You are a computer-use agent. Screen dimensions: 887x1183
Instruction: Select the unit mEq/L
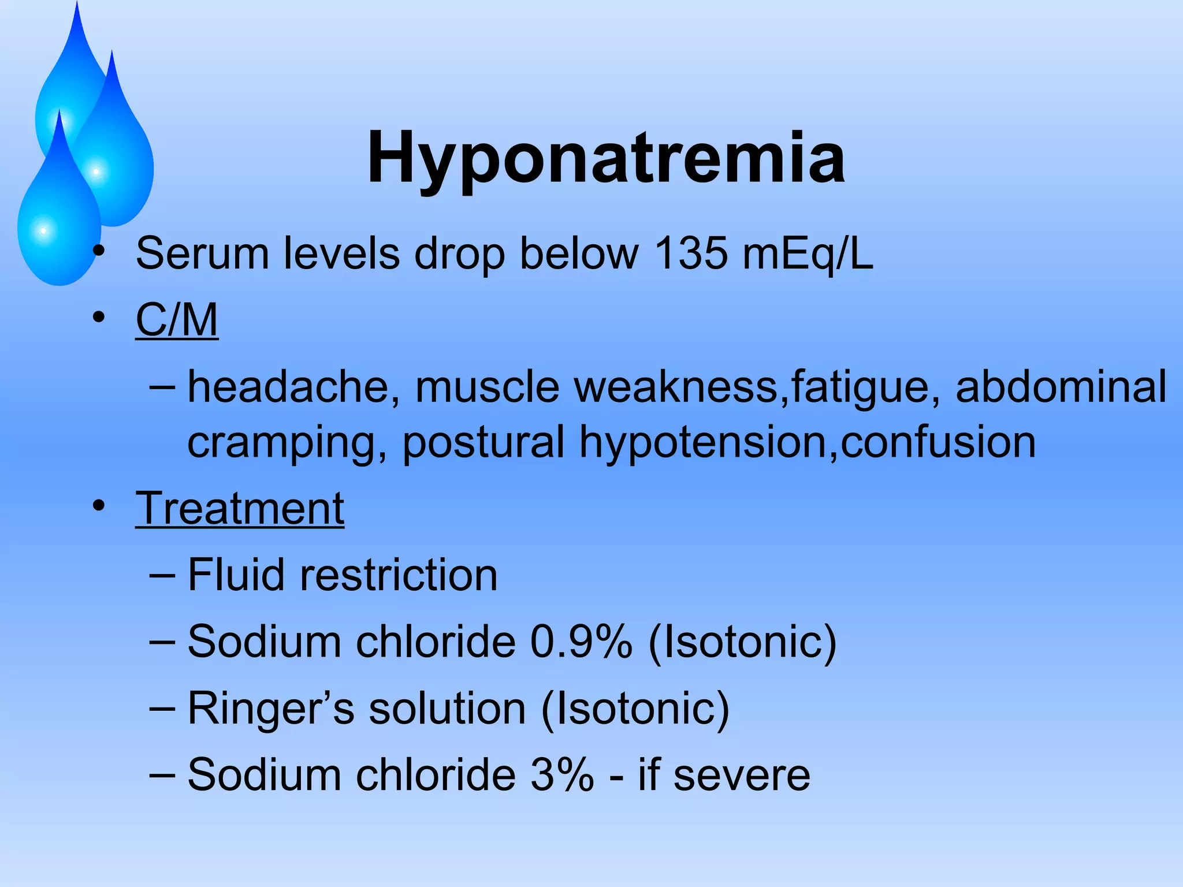coord(808,254)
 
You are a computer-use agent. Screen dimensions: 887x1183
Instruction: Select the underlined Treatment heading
coord(240,509)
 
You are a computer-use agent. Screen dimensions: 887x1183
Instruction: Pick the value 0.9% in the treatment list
coord(581,642)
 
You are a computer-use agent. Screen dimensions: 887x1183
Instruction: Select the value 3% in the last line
coord(562,774)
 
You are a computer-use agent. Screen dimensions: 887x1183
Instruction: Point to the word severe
coord(742,775)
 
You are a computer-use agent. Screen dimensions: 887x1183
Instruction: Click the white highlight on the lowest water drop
coord(43,231)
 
